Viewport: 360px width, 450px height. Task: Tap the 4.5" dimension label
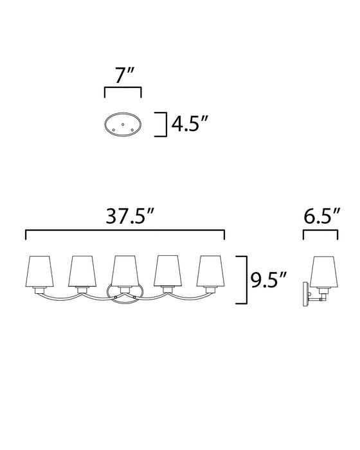(x=189, y=124)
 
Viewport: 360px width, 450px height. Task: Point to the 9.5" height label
(x=269, y=280)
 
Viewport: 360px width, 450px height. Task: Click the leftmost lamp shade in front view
(x=40, y=271)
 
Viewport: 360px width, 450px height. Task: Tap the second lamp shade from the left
(x=82, y=271)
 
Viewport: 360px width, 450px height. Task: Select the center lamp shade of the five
(x=125, y=271)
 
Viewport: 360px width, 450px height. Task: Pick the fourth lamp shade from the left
(x=168, y=271)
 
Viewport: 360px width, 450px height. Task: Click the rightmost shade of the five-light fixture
(x=210, y=271)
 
